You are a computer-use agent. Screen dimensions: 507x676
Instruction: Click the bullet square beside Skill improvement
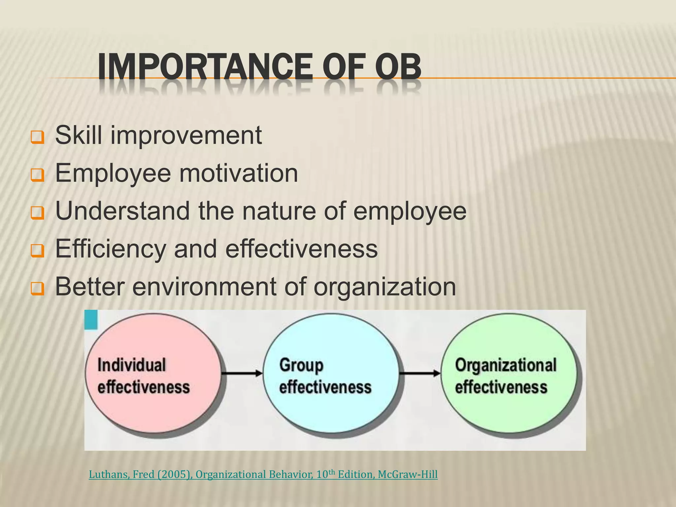[x=37, y=137]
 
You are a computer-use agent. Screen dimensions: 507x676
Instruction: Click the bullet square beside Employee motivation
[x=37, y=175]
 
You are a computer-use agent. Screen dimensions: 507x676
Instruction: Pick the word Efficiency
[x=111, y=249]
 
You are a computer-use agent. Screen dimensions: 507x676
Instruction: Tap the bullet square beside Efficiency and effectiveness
[x=37, y=251]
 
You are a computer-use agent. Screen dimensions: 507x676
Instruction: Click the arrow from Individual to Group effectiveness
[x=242, y=373]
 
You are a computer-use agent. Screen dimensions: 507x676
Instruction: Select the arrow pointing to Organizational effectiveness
[x=420, y=373]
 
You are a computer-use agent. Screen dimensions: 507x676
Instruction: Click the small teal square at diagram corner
[x=91, y=320]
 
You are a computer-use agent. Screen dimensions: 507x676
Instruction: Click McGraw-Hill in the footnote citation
[x=408, y=475]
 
